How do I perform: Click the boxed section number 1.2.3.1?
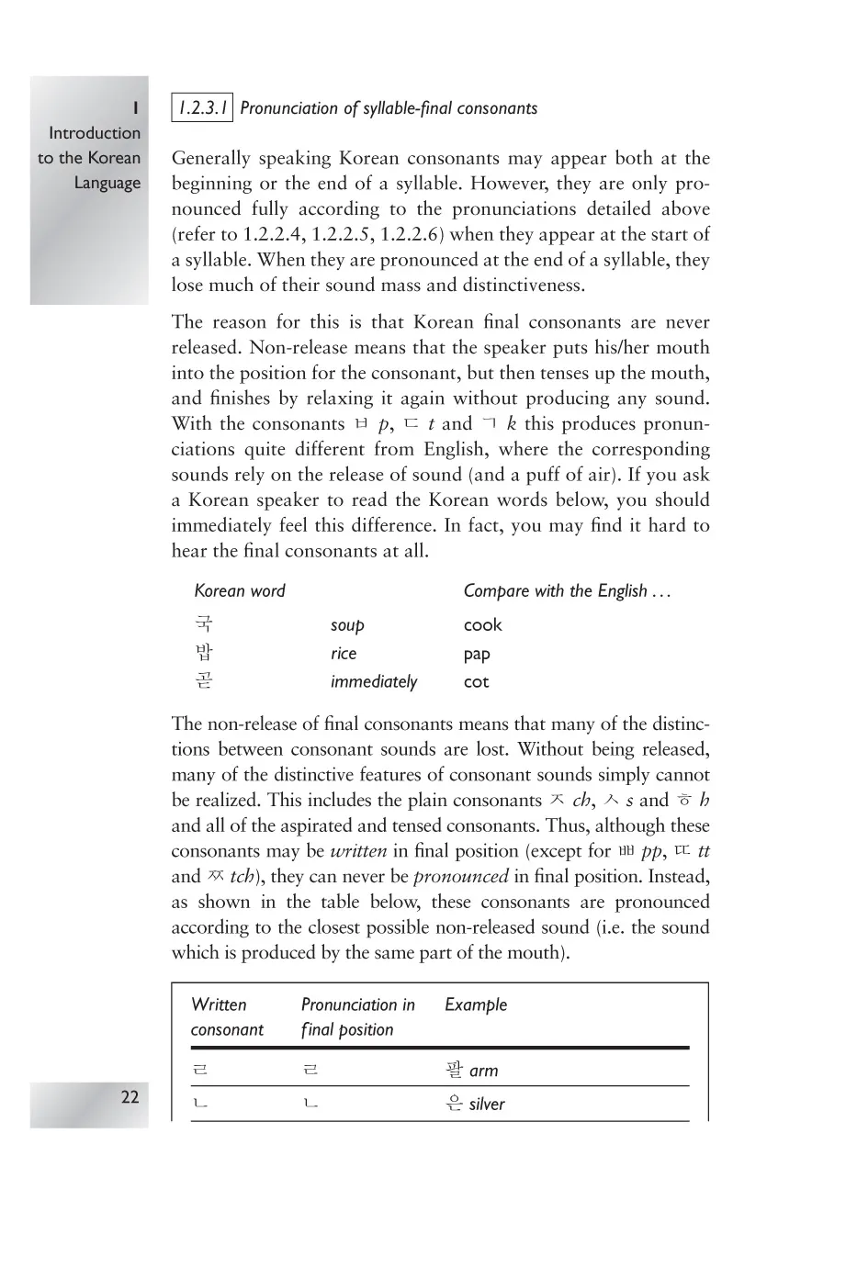202,108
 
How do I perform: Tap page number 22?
130,1096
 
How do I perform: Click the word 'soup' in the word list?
347,625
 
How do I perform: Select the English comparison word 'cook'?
482,625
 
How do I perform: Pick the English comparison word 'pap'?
477,655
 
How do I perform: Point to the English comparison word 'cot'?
476,682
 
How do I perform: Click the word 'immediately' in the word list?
373,682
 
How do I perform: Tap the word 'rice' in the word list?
343,654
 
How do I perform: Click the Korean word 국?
204,624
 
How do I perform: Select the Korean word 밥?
204,654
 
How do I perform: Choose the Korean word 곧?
204,681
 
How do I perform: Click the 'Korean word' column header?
240,591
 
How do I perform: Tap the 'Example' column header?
476,1004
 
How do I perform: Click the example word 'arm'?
483,1072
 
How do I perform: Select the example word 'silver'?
487,1105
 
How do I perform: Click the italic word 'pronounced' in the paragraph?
460,877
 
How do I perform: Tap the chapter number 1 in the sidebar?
135,108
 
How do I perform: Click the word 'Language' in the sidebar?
107,183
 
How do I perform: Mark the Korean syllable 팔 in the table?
454,1071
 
